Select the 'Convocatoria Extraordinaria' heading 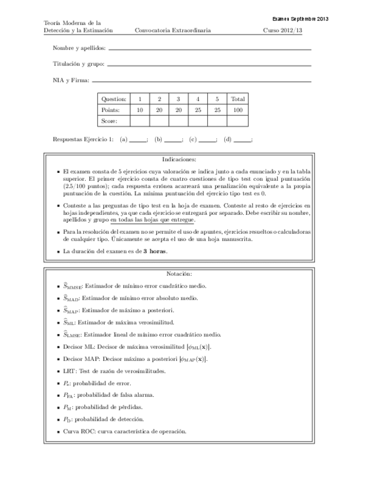pyautogui.click(x=173, y=30)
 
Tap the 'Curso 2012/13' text pyautogui.click(x=283, y=30)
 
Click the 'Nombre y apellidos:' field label pyautogui.click(x=79, y=48)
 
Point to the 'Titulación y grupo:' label pyautogui.click(x=78, y=64)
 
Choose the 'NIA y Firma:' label pyautogui.click(x=71, y=80)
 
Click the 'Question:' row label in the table pyautogui.click(x=114, y=99)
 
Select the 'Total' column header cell pyautogui.click(x=238, y=99)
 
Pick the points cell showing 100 pyautogui.click(x=238, y=110)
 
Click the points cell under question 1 pyautogui.click(x=140, y=110)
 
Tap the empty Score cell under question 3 pyautogui.click(x=178, y=120)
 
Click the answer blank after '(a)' pyautogui.click(x=137, y=140)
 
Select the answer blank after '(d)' pyautogui.click(x=242, y=140)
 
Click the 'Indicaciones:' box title pyautogui.click(x=179, y=160)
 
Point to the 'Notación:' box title pyautogui.click(x=179, y=274)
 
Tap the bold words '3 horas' pyautogui.click(x=154, y=251)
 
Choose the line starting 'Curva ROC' pyautogui.click(x=125, y=431)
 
